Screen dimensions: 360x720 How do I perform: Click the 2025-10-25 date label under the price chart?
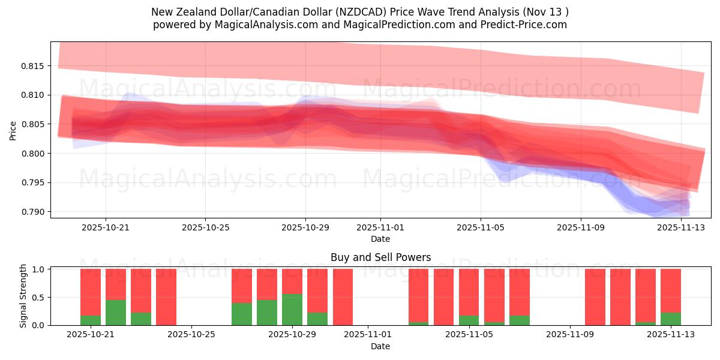(205, 227)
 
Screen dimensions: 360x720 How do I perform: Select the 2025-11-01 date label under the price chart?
(380, 227)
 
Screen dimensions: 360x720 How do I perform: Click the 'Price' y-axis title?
(13, 130)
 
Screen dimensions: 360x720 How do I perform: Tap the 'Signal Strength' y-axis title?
(23, 296)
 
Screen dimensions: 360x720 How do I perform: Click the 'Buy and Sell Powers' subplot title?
(380, 257)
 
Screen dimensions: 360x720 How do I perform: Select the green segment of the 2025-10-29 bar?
(292, 310)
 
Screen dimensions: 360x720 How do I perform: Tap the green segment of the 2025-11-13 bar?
(671, 319)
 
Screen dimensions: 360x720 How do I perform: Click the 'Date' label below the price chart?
(380, 239)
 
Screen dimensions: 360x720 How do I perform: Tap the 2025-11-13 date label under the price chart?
(680, 227)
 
